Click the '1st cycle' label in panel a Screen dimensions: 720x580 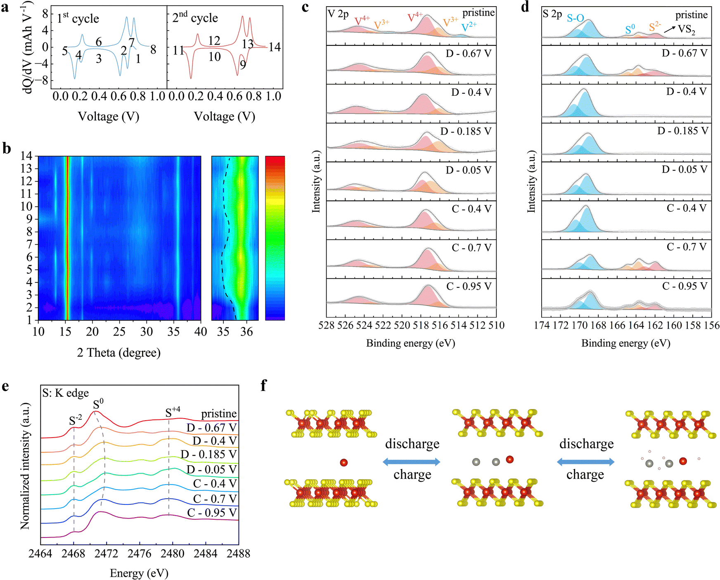[78, 18]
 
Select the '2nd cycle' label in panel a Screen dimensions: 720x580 [195, 17]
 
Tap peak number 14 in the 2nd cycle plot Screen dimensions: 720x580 [275, 47]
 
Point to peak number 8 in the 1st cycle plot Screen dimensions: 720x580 [153, 50]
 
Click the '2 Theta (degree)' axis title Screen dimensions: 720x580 [119, 353]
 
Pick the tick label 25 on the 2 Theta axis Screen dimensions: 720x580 [119, 331]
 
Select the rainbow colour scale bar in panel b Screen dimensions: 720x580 [275, 238]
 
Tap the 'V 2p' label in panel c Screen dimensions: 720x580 [338, 14]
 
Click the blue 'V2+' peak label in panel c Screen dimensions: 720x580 [469, 27]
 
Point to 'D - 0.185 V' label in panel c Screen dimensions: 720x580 [466, 131]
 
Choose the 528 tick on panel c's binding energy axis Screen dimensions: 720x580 [326, 325]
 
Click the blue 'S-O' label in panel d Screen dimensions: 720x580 [576, 18]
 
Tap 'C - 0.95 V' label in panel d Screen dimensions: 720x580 [685, 286]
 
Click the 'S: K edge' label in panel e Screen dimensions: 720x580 [65, 393]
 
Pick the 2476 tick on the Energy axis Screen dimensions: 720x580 [140, 553]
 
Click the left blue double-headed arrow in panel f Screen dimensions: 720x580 [412, 462]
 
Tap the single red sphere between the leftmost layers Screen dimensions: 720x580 [343, 462]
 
